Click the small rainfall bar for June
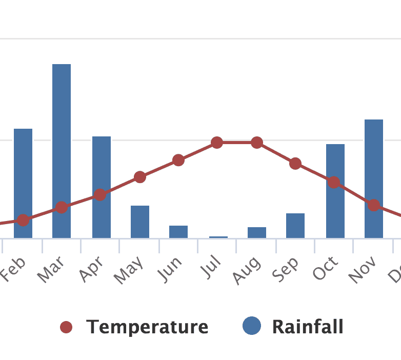tap(178, 232)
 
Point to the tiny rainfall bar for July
tap(218, 237)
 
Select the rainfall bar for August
tap(257, 232)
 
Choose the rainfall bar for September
tap(295, 226)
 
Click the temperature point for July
tap(217, 143)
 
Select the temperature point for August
tap(257, 143)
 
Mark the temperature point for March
tap(62, 208)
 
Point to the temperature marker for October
tap(334, 183)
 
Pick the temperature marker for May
tap(140, 177)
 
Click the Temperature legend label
tap(147, 327)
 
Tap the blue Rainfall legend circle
tap(252, 326)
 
